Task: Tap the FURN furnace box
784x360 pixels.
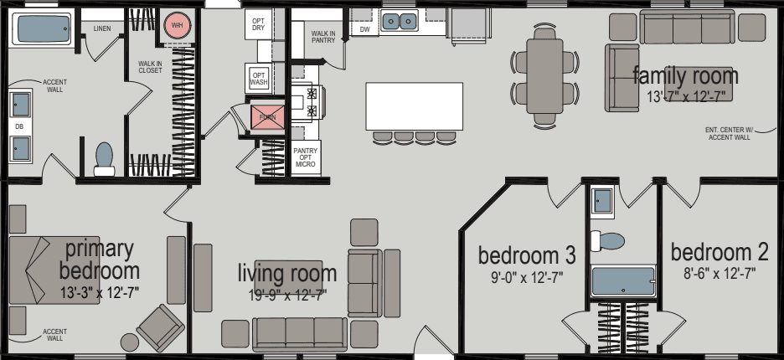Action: [267, 117]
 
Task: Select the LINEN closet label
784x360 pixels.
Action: [102, 28]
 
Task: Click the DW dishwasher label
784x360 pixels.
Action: [364, 29]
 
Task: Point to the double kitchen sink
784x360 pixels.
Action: [400, 21]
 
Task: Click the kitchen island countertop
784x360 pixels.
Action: [414, 105]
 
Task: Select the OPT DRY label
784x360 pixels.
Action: [259, 24]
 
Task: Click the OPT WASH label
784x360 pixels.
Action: [259, 80]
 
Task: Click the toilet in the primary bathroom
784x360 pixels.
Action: [104, 158]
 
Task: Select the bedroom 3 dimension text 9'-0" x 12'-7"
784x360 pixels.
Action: [526, 277]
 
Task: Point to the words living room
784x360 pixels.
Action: [287, 273]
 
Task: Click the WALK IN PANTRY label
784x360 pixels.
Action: [323, 36]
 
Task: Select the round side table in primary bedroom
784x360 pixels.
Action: [130, 342]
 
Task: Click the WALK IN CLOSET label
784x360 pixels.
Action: [151, 67]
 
